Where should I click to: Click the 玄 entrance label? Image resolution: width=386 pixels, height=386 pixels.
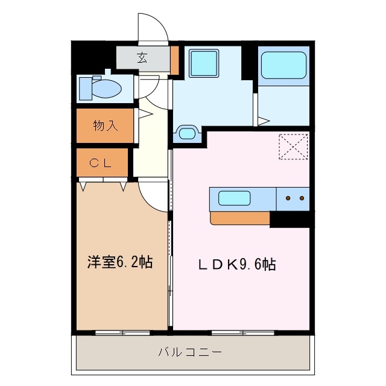[x=142, y=58]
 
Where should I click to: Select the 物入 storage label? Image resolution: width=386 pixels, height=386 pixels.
[x=104, y=126]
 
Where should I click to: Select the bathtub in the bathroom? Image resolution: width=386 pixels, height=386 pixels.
[x=283, y=65]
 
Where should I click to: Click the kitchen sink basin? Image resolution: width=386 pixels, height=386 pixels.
[x=235, y=198]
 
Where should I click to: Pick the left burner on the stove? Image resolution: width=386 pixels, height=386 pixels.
[x=288, y=198]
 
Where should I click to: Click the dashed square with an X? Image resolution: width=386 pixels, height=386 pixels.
[x=293, y=147]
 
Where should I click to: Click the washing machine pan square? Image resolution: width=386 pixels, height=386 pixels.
[x=204, y=62]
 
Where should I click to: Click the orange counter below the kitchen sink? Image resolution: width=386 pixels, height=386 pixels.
[x=239, y=218]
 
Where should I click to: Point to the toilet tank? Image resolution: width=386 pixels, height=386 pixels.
[x=85, y=88]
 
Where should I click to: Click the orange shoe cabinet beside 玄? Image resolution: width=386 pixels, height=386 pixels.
[x=174, y=59]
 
